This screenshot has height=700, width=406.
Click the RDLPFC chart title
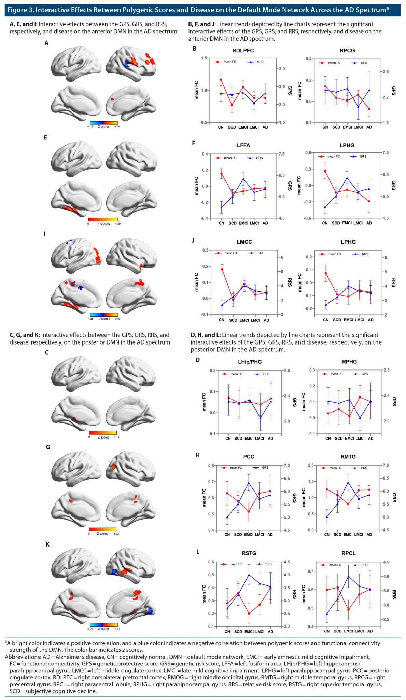pos(243,51)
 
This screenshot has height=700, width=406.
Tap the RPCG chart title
pos(347,51)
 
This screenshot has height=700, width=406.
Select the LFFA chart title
pos(243,145)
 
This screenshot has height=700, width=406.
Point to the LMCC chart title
pos(244,242)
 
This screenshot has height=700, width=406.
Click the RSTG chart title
pos(249,553)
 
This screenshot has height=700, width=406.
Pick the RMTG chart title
pos(348,457)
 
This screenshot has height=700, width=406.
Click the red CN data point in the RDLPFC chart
pos(221,80)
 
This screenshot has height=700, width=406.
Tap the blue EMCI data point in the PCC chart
pos(249,483)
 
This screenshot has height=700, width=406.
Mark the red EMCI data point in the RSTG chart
pos(249,614)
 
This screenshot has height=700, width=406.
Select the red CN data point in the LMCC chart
pos(222,269)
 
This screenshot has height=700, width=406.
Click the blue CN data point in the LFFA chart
pos(221,207)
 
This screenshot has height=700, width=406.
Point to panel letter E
pos(45,138)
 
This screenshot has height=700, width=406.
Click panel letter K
pos(47,544)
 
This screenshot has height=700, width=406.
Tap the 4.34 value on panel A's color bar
pos(117,127)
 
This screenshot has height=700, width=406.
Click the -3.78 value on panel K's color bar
pos(90,629)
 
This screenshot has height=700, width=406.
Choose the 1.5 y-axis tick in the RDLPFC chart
pos(204,58)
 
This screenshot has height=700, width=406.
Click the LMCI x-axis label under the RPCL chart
pos(359,631)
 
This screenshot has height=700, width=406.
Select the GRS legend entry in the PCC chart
pos(265,468)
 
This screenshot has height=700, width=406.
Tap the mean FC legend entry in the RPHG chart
pos(336,374)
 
